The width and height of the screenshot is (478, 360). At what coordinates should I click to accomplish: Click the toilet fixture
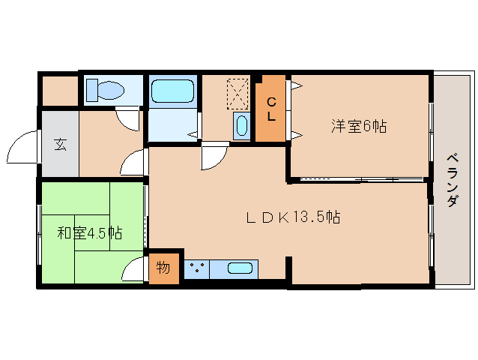[x=105, y=91]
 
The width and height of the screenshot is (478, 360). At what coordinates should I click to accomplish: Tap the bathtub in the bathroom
[x=172, y=91]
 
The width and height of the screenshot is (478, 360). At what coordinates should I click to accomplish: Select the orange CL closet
[x=271, y=109]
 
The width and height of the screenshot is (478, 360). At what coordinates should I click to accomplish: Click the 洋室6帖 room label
[x=358, y=127]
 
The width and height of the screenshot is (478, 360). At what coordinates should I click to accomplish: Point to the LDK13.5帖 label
[x=294, y=217]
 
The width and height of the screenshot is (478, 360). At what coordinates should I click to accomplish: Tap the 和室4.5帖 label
[x=90, y=232]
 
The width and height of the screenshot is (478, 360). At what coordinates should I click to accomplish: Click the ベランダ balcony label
[x=453, y=180]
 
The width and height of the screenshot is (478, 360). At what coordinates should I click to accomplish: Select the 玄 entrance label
[x=59, y=144]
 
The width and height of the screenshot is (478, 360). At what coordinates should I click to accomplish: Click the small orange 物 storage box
[x=164, y=268]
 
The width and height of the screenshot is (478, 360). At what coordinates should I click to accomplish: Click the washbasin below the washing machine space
[x=241, y=124]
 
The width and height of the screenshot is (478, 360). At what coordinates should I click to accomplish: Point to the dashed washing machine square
[x=238, y=94]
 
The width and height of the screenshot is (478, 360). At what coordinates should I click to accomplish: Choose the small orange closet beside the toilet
[x=58, y=91]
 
